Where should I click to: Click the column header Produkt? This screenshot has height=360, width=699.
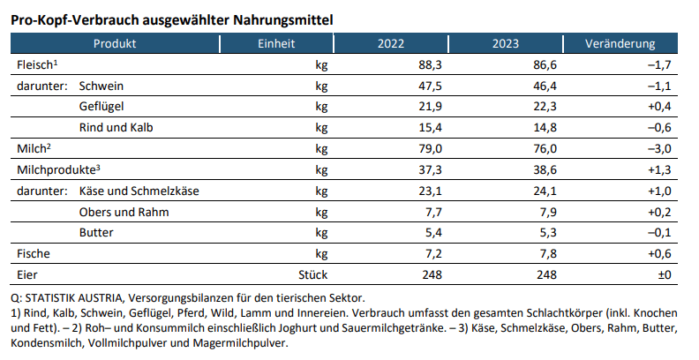pyautogui.click(x=114, y=44)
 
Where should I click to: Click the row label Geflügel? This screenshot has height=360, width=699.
pyautogui.click(x=101, y=107)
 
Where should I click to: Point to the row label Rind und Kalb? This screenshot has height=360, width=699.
pyautogui.click(x=116, y=128)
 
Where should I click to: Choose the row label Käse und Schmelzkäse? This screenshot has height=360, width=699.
pyautogui.click(x=137, y=191)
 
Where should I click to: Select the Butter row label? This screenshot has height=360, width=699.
pyautogui.click(x=96, y=233)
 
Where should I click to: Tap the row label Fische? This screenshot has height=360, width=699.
pyautogui.click(x=33, y=254)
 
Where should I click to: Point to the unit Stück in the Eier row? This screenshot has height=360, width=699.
pyautogui.click(x=312, y=275)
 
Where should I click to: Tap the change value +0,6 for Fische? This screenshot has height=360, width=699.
pyautogui.click(x=658, y=254)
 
